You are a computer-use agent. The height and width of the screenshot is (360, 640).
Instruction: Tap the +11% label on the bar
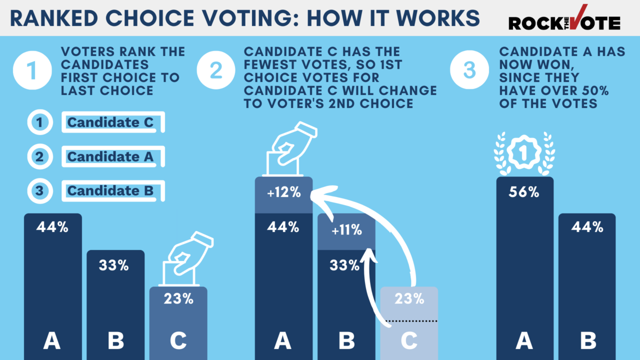click(x=346, y=230)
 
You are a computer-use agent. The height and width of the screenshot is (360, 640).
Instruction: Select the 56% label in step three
click(x=524, y=192)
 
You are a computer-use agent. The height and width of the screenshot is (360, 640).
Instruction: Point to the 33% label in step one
click(x=114, y=265)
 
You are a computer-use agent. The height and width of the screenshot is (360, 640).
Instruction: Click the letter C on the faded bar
click(x=409, y=341)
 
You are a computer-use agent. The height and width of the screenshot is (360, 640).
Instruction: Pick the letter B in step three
click(x=588, y=341)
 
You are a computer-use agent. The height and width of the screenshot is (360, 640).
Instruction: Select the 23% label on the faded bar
click(x=409, y=299)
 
